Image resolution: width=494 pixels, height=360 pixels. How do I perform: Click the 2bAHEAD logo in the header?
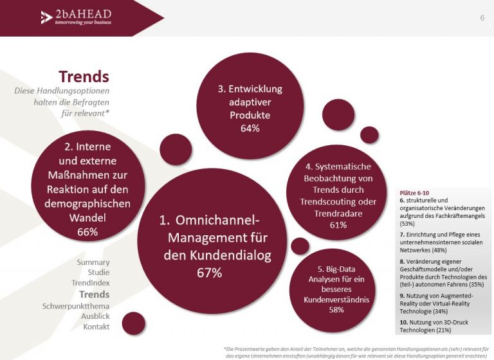click(x=77, y=17)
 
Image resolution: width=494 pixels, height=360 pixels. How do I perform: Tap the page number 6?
click(x=482, y=17)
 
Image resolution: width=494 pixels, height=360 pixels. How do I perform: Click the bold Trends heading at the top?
click(x=84, y=76)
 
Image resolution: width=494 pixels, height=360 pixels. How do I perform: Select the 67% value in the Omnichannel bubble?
click(x=210, y=273)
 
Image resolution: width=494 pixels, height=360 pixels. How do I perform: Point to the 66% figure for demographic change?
click(x=87, y=232)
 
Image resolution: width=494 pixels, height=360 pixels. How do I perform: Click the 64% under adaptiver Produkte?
click(x=250, y=128)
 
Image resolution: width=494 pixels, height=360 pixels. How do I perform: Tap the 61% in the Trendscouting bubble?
click(x=338, y=225)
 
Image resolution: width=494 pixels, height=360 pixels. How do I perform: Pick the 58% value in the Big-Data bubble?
click(x=336, y=310)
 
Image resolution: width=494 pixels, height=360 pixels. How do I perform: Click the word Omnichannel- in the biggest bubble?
click(x=217, y=220)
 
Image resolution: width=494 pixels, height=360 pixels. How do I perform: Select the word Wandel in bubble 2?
click(x=87, y=218)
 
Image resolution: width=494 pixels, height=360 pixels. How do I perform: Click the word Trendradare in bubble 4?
click(x=338, y=213)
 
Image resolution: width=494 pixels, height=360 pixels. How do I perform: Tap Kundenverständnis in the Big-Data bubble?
click(x=336, y=300)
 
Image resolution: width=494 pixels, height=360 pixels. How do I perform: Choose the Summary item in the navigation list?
click(x=93, y=262)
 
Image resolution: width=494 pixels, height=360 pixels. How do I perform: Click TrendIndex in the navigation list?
click(x=91, y=283)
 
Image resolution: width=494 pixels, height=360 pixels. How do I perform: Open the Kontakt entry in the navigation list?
click(x=96, y=327)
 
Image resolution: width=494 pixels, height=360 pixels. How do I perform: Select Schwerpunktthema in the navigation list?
click(x=76, y=306)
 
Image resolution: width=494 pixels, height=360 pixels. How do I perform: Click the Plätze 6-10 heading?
click(x=414, y=193)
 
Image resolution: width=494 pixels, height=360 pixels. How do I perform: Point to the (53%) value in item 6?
click(x=407, y=224)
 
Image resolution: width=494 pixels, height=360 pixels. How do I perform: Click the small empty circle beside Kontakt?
click(x=134, y=323)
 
